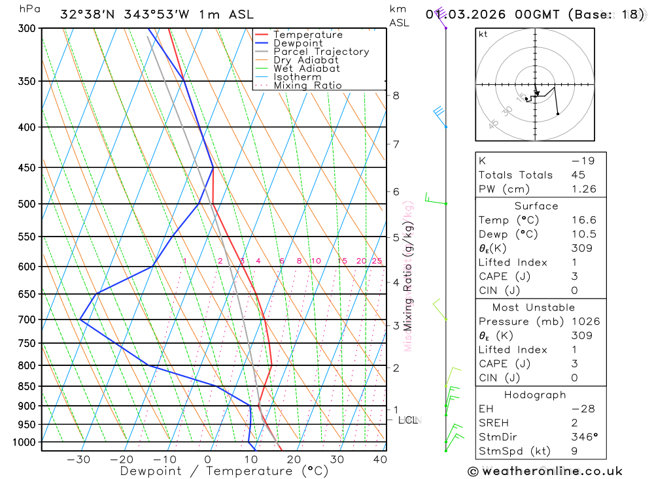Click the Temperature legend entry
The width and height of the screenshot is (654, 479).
tap(307, 35)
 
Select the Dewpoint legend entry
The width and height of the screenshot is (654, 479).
tap(298, 43)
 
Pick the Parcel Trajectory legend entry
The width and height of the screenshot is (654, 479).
tap(321, 52)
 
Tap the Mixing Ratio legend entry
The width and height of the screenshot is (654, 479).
tap(307, 85)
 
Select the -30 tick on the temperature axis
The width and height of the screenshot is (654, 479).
tap(78, 459)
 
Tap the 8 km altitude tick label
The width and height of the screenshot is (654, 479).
tap(396, 95)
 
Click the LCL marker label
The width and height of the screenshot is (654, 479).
tap(408, 420)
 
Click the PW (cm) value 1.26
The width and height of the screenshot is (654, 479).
tap(583, 189)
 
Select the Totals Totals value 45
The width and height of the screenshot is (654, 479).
tap(577, 174)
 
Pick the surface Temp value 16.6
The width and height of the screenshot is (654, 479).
tap(583, 220)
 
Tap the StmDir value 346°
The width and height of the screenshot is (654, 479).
tap(584, 437)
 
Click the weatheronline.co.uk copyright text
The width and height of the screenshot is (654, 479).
tap(545, 471)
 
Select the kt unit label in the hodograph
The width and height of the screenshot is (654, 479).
tap(483, 34)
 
